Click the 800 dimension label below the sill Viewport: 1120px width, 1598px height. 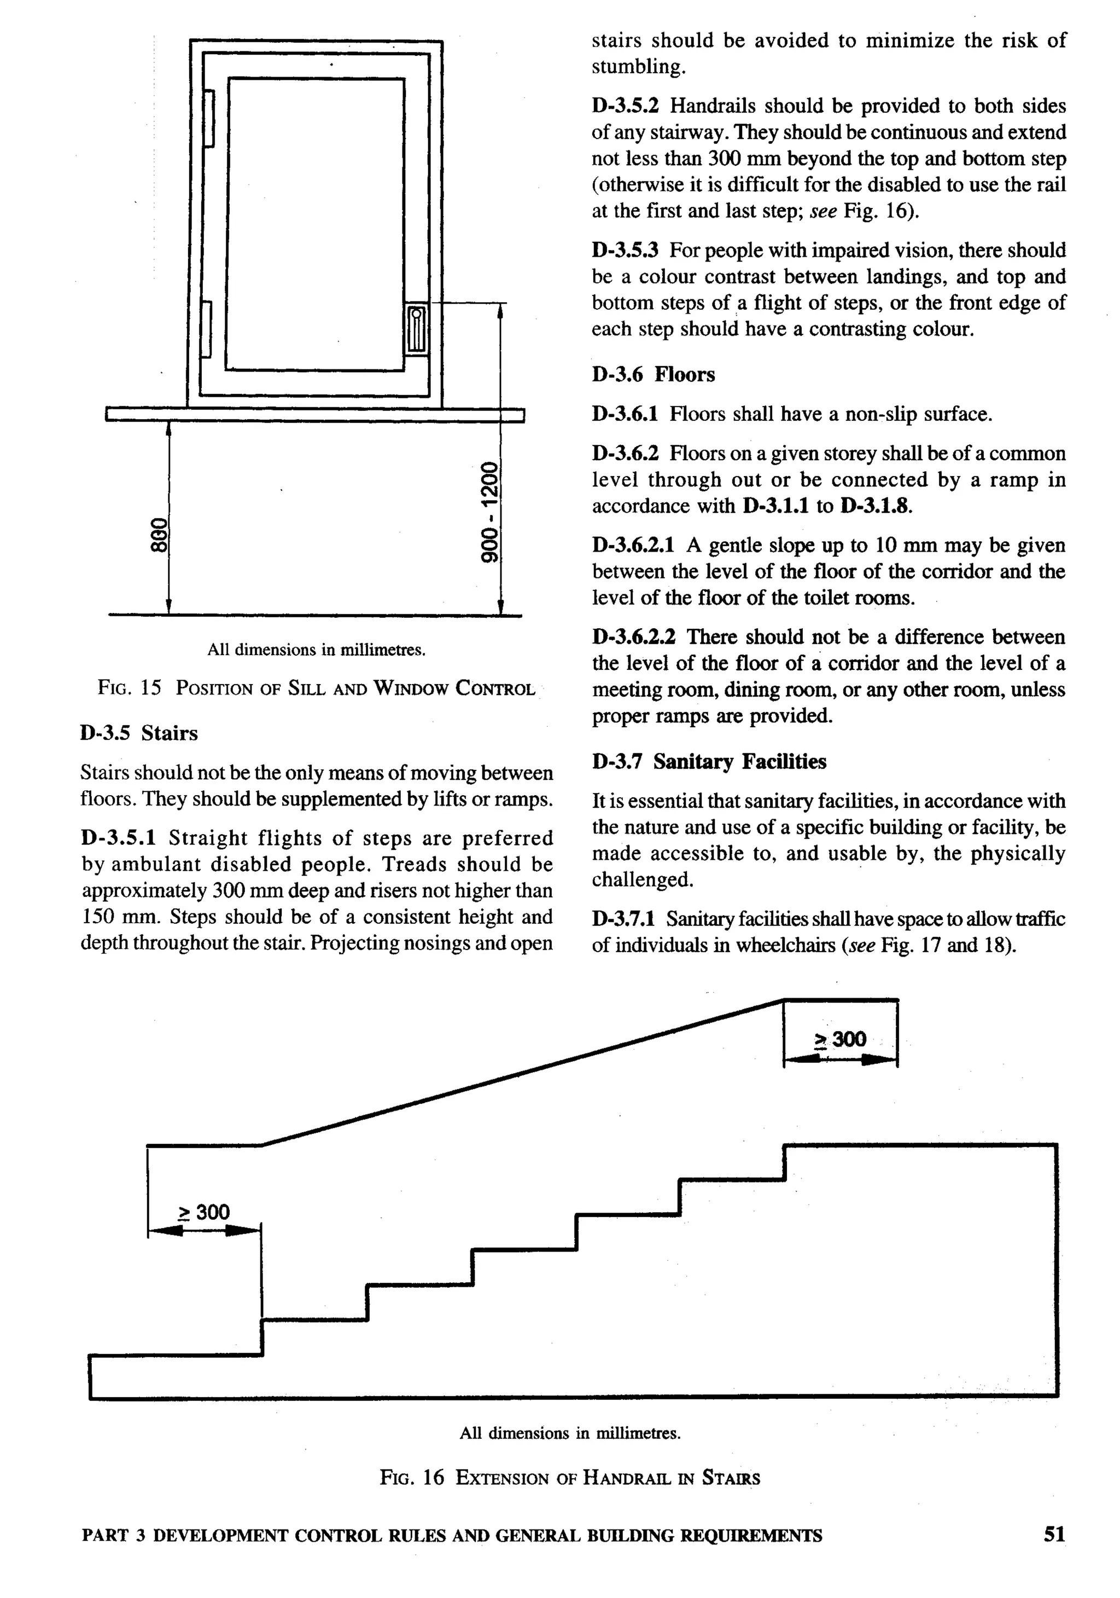tap(159, 535)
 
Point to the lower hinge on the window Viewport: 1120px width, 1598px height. tap(206, 329)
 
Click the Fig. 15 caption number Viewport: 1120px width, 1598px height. tap(150, 688)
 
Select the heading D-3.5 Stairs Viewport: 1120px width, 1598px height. tap(139, 733)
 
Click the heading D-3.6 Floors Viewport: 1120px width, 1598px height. tap(653, 374)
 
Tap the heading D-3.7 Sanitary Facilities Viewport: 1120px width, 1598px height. tap(709, 761)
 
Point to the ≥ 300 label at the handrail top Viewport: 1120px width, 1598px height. tap(841, 1039)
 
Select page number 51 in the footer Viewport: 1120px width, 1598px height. tap(1054, 1534)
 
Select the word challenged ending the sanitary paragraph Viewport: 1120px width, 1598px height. tap(642, 880)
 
